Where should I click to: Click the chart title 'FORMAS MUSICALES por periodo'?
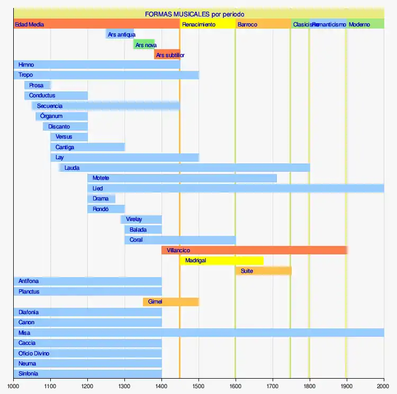click(x=194, y=14)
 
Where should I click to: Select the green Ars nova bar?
click(x=144, y=45)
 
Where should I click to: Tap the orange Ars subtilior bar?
click(x=167, y=55)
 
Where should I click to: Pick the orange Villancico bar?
click(x=254, y=250)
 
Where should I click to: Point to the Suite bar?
click(x=263, y=271)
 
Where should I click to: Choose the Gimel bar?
click(x=170, y=302)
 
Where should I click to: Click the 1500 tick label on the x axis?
click(x=198, y=387)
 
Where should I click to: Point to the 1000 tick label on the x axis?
click(x=14, y=387)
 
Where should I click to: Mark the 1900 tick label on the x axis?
click(x=347, y=387)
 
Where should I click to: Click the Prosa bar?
click(x=37, y=85)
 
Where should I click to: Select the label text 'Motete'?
click(x=101, y=178)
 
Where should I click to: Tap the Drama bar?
click(x=101, y=199)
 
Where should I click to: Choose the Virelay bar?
click(x=141, y=219)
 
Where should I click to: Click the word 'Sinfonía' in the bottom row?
click(x=28, y=373)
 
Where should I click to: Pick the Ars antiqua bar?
click(x=120, y=34)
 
